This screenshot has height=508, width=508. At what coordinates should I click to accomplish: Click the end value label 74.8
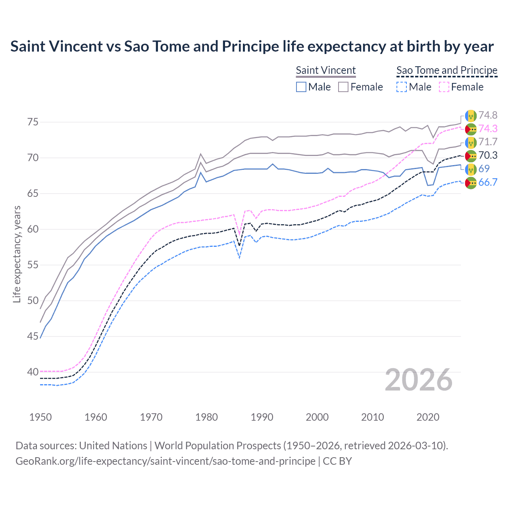(487, 115)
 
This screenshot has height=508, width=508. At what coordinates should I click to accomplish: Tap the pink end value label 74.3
(487, 129)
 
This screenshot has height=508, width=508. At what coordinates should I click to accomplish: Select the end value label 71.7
(487, 142)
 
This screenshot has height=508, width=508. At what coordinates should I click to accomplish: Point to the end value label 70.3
(487, 156)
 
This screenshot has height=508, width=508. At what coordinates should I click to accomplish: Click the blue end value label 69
(484, 169)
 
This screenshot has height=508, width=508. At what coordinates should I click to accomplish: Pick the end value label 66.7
(487, 183)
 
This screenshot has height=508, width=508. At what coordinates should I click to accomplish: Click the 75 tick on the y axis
(33, 122)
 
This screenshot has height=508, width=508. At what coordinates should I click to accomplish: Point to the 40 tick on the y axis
(33, 372)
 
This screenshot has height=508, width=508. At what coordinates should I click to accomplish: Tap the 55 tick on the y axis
(33, 265)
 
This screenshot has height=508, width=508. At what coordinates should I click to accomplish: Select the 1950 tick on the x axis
(40, 417)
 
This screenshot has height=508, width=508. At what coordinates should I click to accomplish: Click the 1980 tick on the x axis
(206, 417)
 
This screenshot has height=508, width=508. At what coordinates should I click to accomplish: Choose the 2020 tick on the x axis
(428, 417)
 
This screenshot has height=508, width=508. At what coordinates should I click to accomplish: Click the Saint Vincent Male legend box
(301, 87)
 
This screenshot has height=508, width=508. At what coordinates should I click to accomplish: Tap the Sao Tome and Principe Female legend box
(444, 87)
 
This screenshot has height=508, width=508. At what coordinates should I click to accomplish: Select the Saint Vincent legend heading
(326, 70)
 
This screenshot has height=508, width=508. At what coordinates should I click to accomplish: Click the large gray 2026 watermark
(419, 380)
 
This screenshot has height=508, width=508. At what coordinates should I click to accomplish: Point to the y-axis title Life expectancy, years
(17, 254)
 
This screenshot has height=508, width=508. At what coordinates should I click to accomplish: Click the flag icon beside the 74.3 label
(471, 129)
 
